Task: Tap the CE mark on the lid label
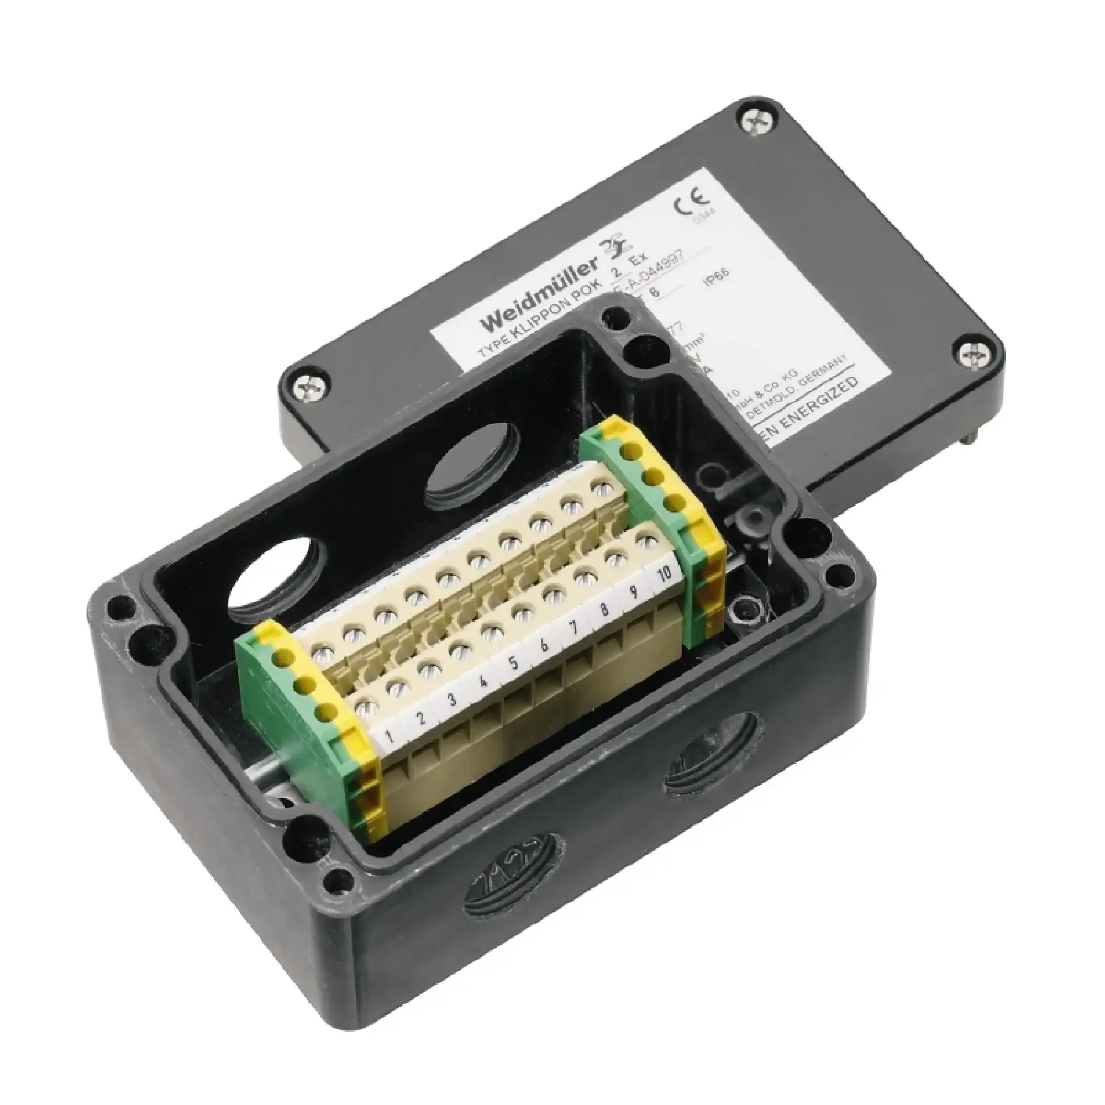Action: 690,204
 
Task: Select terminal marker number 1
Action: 389,734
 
